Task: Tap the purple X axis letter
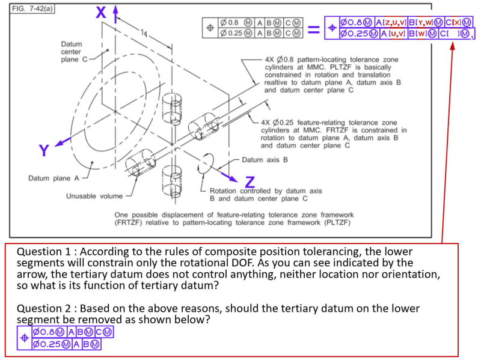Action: [x=101, y=12]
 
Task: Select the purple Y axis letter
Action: [x=44, y=150]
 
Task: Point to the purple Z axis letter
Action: [x=250, y=182]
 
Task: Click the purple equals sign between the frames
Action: [x=314, y=28]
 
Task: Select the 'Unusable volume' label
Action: [x=94, y=196]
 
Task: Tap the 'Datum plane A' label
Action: [x=54, y=178]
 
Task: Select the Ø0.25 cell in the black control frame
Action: [x=232, y=32]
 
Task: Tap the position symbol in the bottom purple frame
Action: [x=24, y=338]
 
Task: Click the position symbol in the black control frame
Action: [x=210, y=28]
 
